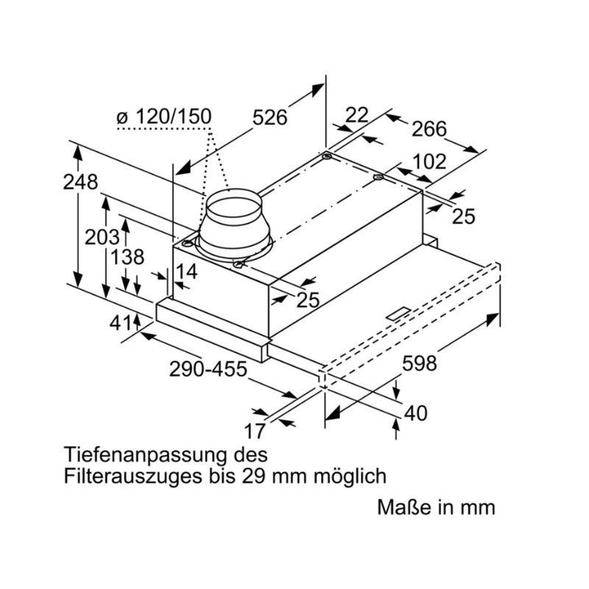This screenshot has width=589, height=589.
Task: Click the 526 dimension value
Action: click(x=269, y=117)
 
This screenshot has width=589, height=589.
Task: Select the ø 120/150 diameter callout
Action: click(x=163, y=116)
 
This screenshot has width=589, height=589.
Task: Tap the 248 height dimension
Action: click(x=80, y=182)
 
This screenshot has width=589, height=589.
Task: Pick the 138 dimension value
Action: click(x=127, y=257)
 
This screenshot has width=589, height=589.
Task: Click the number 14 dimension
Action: click(x=187, y=272)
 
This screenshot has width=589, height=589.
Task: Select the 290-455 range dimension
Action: click(x=208, y=370)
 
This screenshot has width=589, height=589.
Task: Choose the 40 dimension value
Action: click(x=416, y=413)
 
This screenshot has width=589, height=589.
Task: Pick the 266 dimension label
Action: click(x=428, y=129)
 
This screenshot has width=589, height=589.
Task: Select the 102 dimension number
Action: click(x=428, y=161)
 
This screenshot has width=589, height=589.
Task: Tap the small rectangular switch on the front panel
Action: click(x=402, y=313)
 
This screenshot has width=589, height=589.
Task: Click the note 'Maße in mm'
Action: click(x=437, y=508)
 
